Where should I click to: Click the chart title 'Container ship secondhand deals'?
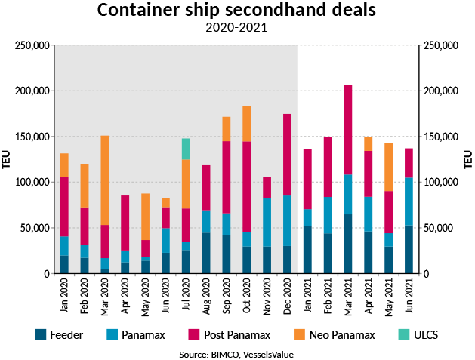(236, 11)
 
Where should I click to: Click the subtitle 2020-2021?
(236, 29)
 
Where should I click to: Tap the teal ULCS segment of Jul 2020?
(186, 149)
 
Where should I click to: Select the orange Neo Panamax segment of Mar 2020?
(105, 180)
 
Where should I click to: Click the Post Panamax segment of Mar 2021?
(348, 129)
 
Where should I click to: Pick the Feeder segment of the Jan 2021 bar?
(307, 250)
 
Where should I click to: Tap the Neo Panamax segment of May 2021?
(389, 167)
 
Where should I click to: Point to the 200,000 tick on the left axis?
(32, 91)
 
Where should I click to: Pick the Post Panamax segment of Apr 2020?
(125, 223)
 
